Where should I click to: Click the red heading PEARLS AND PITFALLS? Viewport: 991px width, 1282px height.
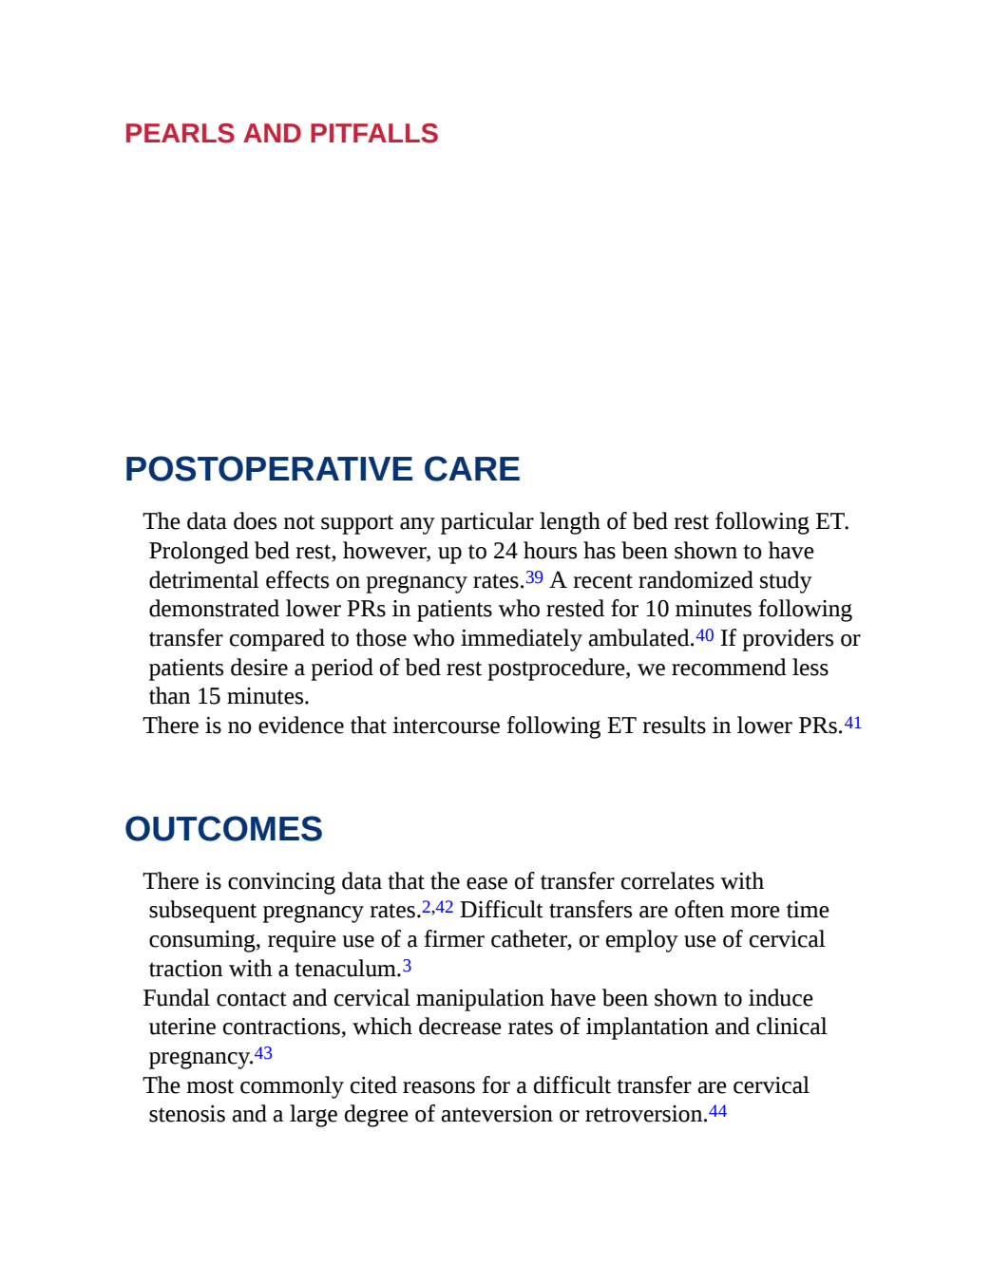click(281, 133)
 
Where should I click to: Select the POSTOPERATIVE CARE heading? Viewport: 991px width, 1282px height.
click(322, 469)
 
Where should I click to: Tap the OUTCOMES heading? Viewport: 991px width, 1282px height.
click(223, 829)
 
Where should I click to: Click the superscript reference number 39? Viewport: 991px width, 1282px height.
click(534, 577)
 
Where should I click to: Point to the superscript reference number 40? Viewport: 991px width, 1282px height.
click(705, 635)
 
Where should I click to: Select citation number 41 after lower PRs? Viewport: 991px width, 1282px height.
click(853, 723)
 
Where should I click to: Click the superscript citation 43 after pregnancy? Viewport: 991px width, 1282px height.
click(263, 1053)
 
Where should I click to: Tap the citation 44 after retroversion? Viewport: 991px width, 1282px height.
click(717, 1111)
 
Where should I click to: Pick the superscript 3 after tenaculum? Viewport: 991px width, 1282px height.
click(407, 966)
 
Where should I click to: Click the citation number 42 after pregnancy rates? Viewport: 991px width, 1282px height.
click(445, 907)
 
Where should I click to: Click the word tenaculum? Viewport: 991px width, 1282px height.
click(348, 970)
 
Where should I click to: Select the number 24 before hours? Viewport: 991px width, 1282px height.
click(505, 551)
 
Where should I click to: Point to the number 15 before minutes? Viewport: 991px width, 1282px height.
click(208, 697)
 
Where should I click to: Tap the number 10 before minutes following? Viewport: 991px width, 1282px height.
click(657, 609)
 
